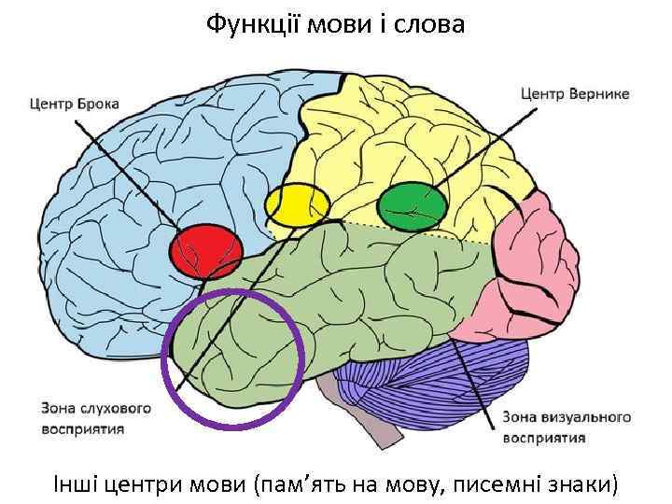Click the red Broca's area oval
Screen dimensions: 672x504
[206, 251]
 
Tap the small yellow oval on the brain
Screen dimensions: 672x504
[298, 205]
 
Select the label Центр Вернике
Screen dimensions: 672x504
[574, 93]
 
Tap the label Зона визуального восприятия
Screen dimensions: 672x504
[567, 427]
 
